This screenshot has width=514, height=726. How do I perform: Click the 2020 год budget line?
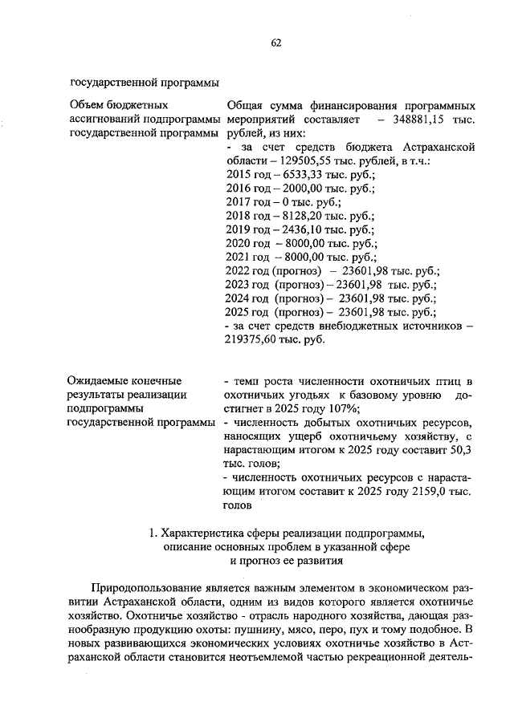tap(302, 244)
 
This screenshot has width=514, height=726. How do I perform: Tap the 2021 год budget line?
tap(302, 258)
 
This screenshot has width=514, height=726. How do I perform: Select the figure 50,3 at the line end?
tap(464, 449)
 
